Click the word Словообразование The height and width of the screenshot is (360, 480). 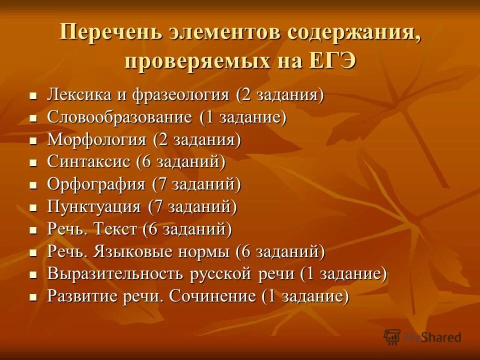point(119,117)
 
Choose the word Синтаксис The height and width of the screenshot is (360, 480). point(88,161)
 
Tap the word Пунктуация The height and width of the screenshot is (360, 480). point(93,206)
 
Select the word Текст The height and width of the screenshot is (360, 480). point(115,229)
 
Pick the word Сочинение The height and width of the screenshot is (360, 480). point(212,296)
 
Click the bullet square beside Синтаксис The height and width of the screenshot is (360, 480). point(33,163)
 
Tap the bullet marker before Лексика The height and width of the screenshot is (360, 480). point(33,95)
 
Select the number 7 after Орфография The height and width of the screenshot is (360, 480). point(160,184)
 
